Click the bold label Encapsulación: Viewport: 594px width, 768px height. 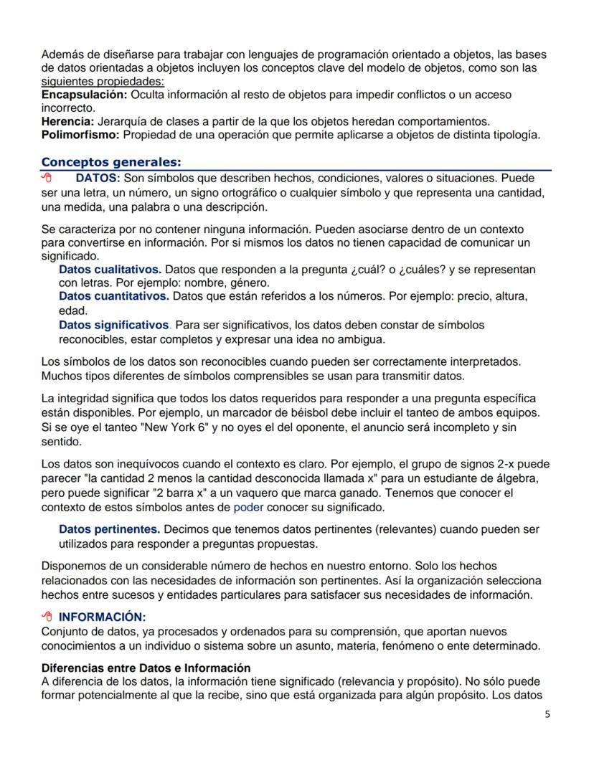point(82,95)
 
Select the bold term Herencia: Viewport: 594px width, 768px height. point(68,122)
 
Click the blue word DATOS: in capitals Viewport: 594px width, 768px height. point(98,177)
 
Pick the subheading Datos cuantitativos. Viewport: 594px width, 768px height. point(113,296)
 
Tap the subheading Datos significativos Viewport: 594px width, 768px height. point(115,325)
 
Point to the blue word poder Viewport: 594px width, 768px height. point(249,508)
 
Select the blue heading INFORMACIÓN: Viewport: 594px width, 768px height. point(102,617)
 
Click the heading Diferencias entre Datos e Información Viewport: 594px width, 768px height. point(146,668)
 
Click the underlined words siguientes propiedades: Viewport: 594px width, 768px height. point(103,82)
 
